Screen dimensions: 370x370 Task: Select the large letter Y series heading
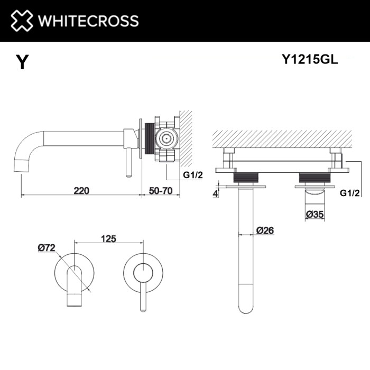[22, 62]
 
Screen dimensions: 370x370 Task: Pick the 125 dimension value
[108, 239]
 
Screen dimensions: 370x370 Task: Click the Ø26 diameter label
[264, 230]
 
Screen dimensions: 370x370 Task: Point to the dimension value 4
[216, 193]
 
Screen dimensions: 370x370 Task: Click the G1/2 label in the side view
[192, 175]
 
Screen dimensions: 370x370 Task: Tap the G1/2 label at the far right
[350, 194]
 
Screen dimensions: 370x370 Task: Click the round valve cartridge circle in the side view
[168, 139]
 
